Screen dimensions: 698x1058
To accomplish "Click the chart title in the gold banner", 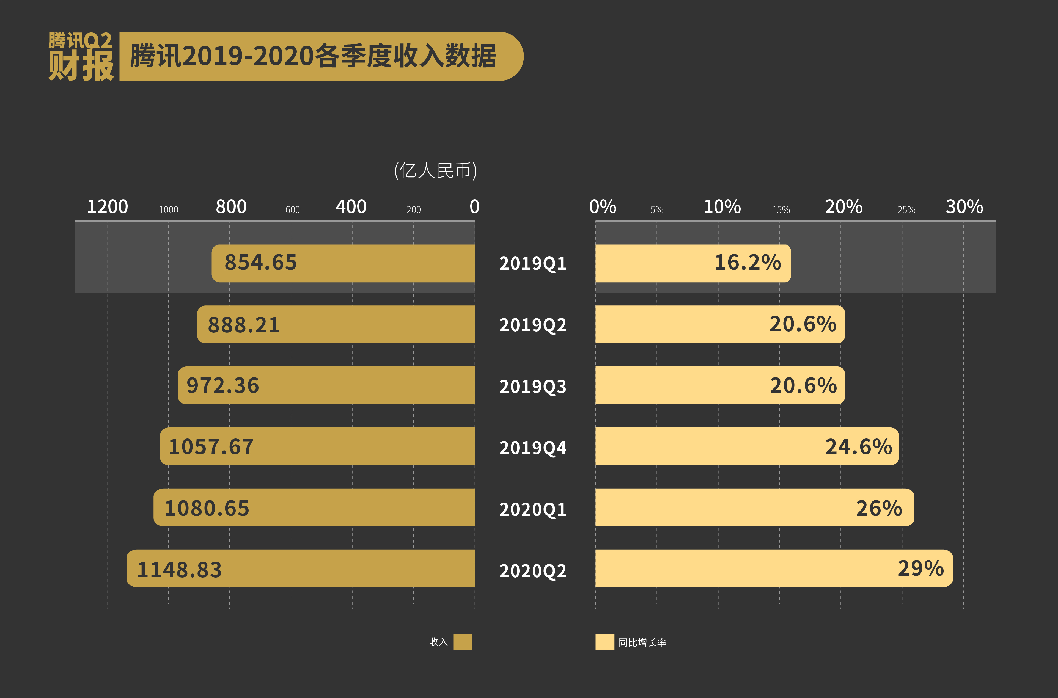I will [x=313, y=57].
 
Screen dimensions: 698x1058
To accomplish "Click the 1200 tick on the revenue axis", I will [x=107, y=207].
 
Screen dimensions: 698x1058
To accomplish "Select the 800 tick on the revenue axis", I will [x=231, y=207].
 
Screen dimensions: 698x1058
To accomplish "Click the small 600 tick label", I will [x=293, y=210].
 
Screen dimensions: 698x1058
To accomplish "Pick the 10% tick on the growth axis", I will [x=722, y=207].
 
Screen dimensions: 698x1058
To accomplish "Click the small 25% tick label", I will [x=906, y=210].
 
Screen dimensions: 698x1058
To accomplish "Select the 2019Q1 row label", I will [x=532, y=264].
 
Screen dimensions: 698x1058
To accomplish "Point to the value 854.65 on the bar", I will [x=260, y=263].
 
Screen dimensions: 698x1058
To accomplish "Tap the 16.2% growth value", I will [x=748, y=263].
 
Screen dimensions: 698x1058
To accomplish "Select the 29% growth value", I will [x=920, y=569].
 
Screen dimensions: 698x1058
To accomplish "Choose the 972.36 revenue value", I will [x=223, y=385].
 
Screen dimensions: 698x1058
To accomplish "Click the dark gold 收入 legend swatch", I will [x=463, y=642].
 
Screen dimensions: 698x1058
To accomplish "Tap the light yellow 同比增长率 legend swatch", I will [x=605, y=642].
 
